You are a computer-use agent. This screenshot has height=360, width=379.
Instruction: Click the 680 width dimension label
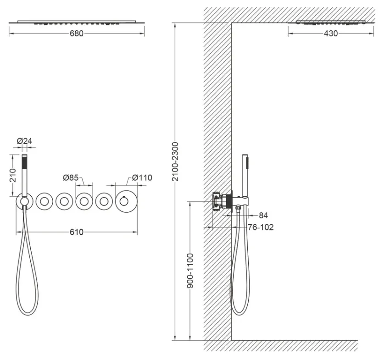click(76, 33)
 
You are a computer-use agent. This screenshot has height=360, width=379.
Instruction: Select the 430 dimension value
click(331, 33)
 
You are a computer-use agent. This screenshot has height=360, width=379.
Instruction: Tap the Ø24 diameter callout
click(24, 141)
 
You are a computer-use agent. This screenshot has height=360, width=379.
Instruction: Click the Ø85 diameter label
click(71, 177)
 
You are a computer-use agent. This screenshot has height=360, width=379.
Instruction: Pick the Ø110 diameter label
click(142, 177)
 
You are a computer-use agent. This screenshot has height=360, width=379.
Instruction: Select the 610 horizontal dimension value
click(77, 232)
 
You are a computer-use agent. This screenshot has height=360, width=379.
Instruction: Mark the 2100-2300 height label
click(175, 161)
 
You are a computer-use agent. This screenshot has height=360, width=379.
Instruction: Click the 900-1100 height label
click(190, 271)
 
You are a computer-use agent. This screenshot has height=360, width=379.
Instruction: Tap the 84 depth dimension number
click(263, 215)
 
